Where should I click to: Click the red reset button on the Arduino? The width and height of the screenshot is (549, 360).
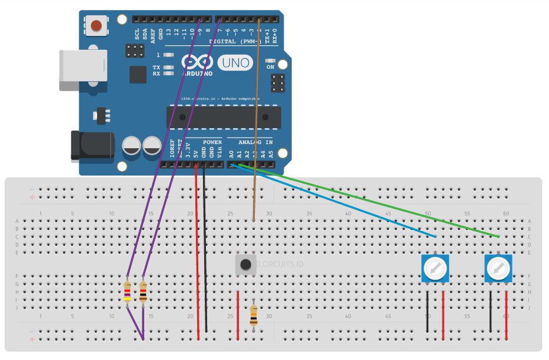[x=97, y=25]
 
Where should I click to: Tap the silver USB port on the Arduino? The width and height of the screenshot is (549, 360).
[x=82, y=70]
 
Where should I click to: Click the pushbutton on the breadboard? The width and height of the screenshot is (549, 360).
[x=246, y=265]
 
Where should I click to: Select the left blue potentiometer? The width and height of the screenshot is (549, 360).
[x=435, y=268]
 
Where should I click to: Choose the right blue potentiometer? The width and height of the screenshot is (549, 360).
[x=498, y=268]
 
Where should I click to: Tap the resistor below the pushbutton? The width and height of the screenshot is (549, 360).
[x=254, y=316]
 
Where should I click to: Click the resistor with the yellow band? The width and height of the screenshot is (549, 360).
[x=128, y=292]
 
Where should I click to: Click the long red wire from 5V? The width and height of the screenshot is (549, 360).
[x=197, y=253]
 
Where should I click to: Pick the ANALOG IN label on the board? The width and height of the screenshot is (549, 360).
[x=255, y=142]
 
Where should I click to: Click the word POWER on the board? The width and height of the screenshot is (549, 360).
[x=212, y=142]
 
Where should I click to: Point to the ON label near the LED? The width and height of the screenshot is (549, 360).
[x=271, y=67]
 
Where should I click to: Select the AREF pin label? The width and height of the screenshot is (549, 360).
[x=152, y=34]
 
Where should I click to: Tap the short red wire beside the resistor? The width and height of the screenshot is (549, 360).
[x=238, y=315]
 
